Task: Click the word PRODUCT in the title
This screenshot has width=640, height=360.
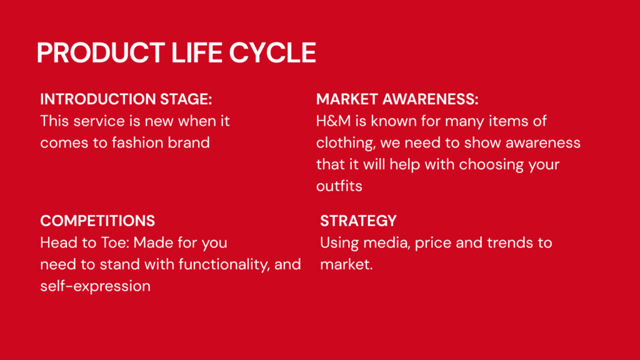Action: pos(101,52)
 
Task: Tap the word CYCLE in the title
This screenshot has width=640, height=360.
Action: pos(272,52)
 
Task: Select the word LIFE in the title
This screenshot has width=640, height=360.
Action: pos(197,52)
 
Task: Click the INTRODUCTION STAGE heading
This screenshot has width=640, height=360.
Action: pos(126,99)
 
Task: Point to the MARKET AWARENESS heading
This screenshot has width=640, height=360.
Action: pos(397,99)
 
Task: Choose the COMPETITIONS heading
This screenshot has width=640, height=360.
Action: pos(97,221)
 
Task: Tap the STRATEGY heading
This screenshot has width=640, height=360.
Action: pos(358,221)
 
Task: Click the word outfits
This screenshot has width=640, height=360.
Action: pos(339,186)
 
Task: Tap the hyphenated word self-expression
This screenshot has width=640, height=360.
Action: pos(96,286)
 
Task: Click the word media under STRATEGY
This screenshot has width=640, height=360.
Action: pos(386,243)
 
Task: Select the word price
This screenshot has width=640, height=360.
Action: pos(433,244)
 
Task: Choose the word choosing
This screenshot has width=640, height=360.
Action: pos(491,165)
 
